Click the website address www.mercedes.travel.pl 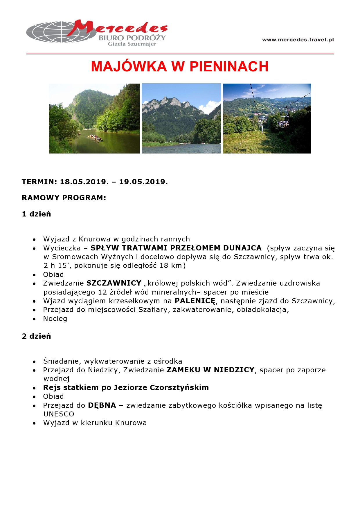[x=298, y=40]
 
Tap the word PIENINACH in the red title [x=229, y=66]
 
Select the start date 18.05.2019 [x=84, y=182]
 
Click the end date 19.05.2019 [x=143, y=182]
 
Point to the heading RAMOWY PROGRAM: [x=64, y=198]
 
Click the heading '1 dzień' [x=36, y=214]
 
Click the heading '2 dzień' [x=36, y=336]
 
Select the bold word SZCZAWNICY [x=114, y=283]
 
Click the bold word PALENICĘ [x=195, y=301]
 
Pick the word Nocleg [x=55, y=319]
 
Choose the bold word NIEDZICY [x=234, y=370]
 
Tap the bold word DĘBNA [x=102, y=405]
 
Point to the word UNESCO [x=59, y=414]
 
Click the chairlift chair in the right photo [x=283, y=123]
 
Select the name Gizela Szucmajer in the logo [x=132, y=44]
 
